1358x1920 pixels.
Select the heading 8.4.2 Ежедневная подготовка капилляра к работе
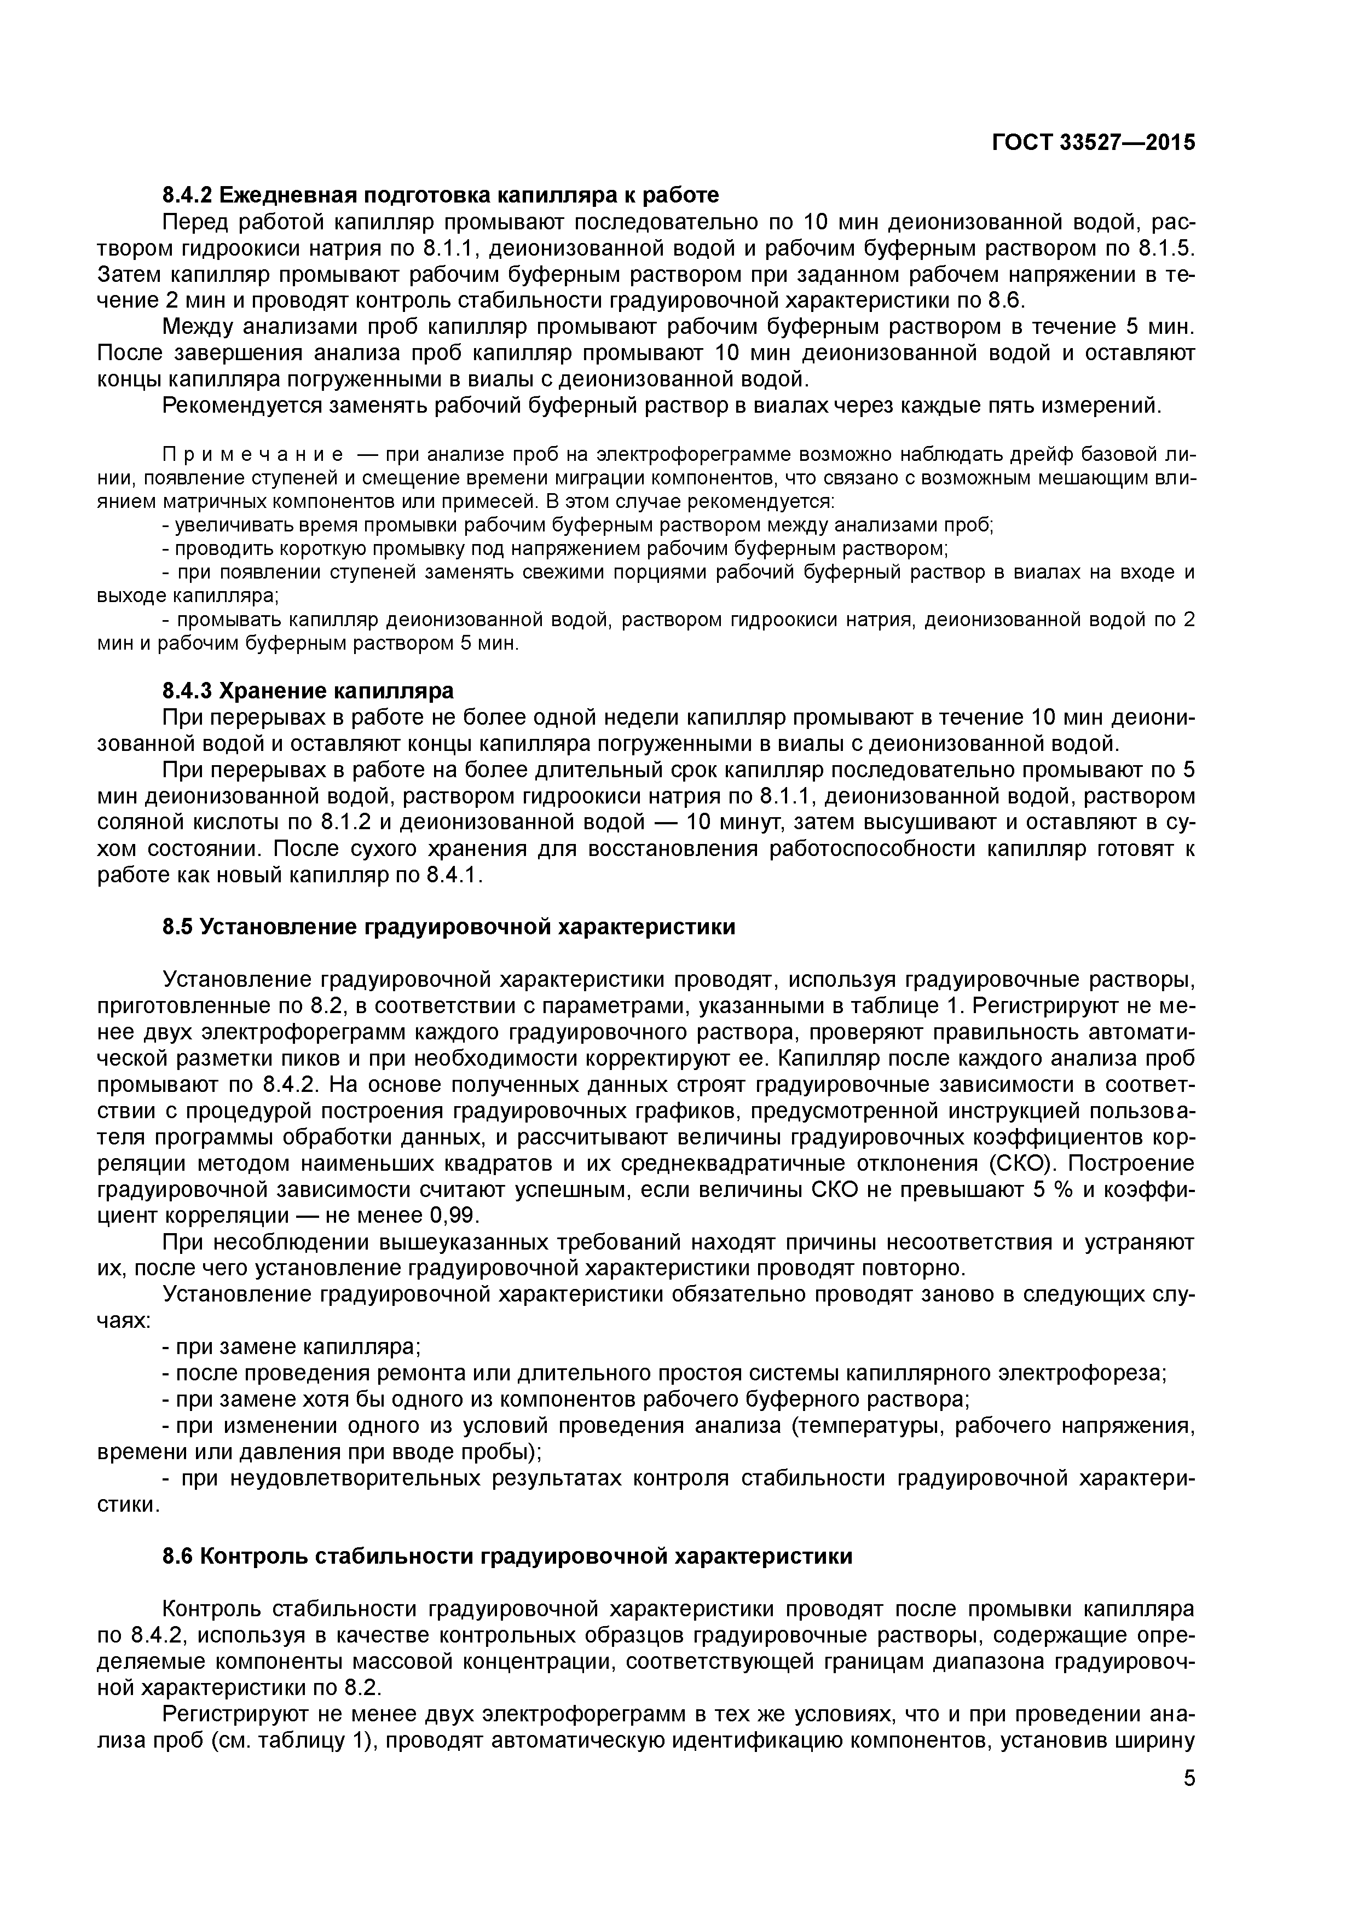(440, 196)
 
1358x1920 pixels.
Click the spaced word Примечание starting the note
(252, 455)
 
